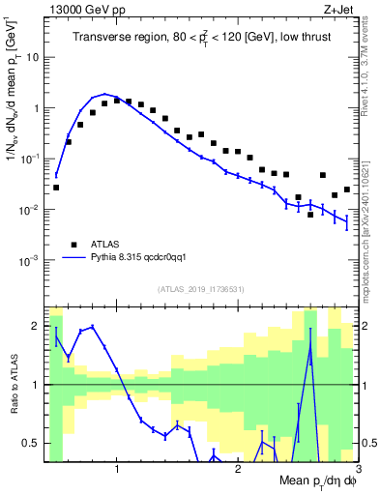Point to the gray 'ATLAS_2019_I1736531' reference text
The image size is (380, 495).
pyautogui.click(x=200, y=288)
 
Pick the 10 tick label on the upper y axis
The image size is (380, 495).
pyautogui.click(x=33, y=57)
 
